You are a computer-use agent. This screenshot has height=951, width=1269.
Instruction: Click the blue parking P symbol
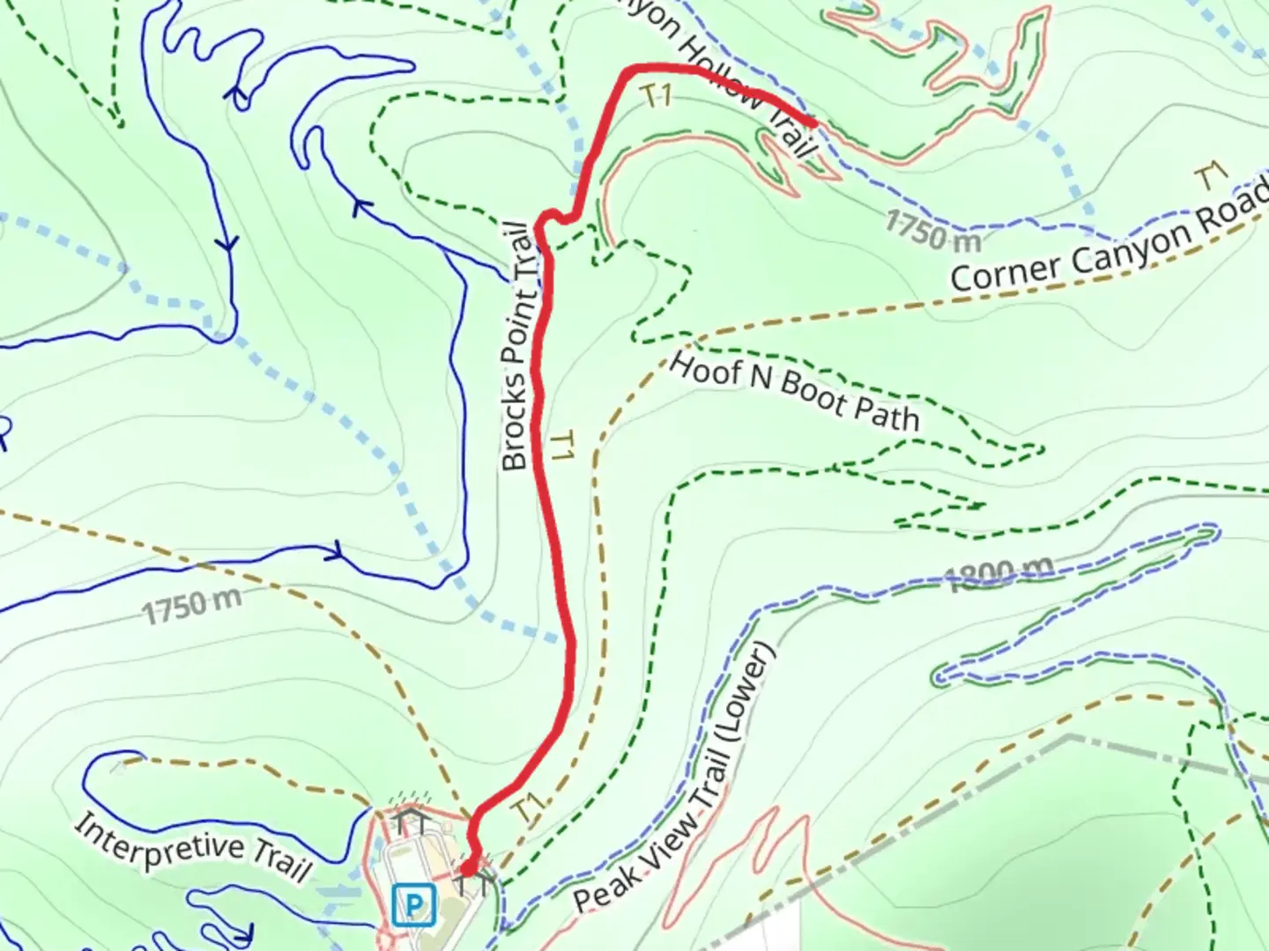click(x=413, y=904)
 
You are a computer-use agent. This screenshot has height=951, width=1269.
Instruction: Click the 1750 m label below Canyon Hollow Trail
click(x=931, y=231)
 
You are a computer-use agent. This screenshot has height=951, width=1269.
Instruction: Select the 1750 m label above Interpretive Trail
click(x=191, y=605)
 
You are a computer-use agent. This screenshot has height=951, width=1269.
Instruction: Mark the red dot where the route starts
click(x=468, y=869)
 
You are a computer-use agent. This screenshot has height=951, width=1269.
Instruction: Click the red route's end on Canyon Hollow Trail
click(x=809, y=122)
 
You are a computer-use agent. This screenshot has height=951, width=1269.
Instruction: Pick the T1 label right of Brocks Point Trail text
click(x=562, y=446)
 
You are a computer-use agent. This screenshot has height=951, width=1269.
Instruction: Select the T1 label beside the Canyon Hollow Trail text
click(x=657, y=95)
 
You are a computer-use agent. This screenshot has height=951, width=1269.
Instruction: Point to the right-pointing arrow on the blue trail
click(x=334, y=553)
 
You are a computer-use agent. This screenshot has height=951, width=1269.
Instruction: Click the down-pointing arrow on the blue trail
click(x=230, y=243)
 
